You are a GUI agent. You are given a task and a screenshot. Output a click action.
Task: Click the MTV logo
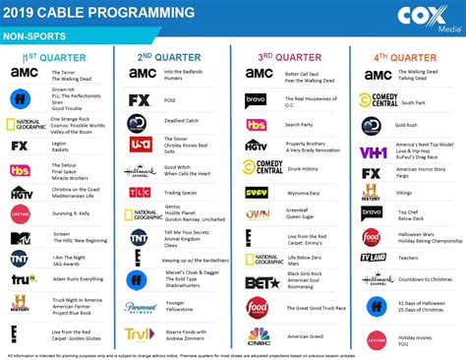pos(20,238)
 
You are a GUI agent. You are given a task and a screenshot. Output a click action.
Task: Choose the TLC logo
pos(139,192)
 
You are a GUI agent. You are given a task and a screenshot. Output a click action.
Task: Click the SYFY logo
pos(257,193)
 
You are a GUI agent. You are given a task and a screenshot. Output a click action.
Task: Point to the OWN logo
pos(257,213)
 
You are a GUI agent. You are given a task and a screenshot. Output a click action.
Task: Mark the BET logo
pos(257,282)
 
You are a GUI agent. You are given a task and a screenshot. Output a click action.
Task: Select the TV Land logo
pos(372,257)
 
